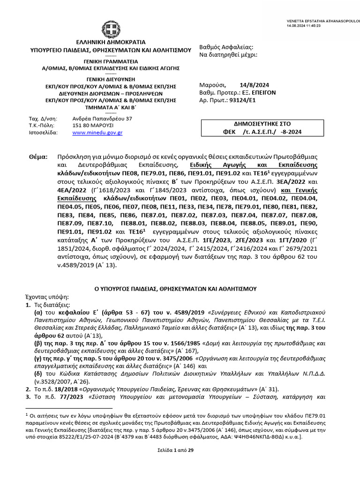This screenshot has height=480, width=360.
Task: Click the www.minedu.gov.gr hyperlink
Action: pyautogui.click(x=97, y=133)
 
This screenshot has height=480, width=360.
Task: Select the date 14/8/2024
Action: pyautogui.click(x=254, y=85)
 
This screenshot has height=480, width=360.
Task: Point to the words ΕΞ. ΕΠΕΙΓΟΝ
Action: pyautogui.click(x=258, y=93)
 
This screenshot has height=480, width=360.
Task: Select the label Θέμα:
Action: pyautogui.click(x=38, y=158)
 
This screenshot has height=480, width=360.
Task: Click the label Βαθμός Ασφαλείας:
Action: pyautogui.click(x=226, y=47)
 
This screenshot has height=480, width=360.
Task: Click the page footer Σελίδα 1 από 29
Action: pyautogui.click(x=180, y=450)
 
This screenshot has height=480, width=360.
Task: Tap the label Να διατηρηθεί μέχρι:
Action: pyautogui.click(x=228, y=55)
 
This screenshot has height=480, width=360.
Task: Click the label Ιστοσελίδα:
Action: pyautogui.click(x=43, y=133)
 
